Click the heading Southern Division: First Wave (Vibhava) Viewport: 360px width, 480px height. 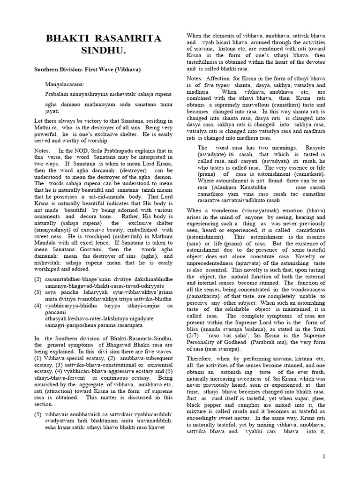(87, 69)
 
